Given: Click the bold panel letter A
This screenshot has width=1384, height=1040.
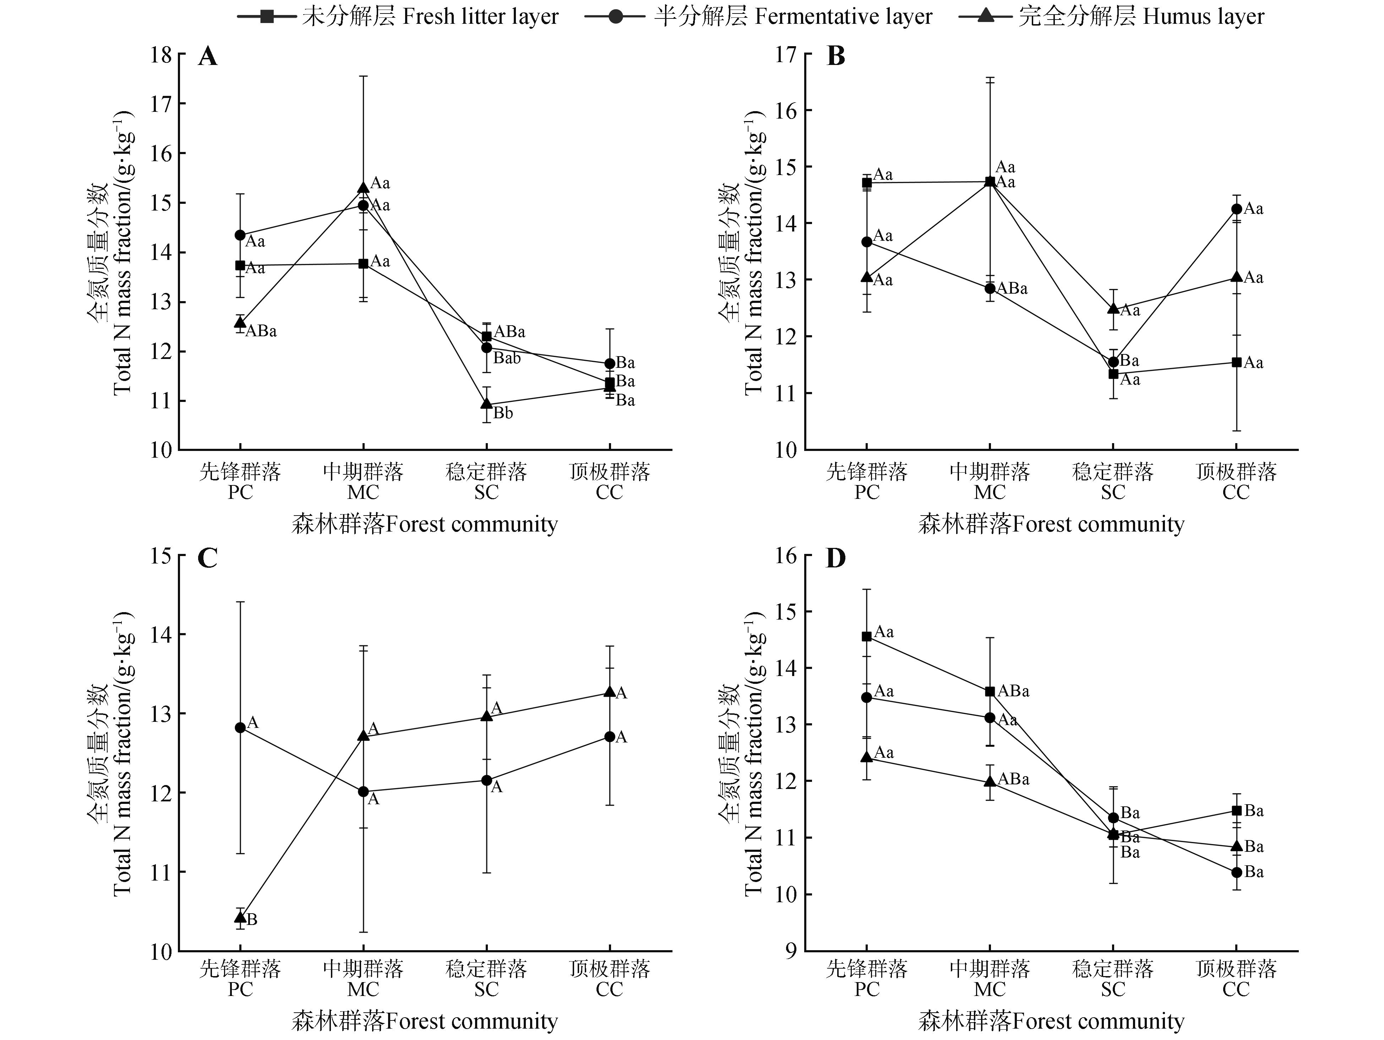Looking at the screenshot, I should (x=207, y=57).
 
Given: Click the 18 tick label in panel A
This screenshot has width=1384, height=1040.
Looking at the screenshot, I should (x=161, y=55).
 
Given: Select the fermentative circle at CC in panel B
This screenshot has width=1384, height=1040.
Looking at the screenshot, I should (x=1236, y=209).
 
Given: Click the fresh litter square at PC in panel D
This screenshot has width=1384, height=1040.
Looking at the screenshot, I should (x=867, y=636).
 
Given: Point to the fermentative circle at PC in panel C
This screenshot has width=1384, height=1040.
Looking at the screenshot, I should (x=240, y=728).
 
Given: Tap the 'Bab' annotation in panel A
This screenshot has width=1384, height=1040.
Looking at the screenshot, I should (x=507, y=359).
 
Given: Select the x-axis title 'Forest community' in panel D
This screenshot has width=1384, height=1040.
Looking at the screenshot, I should (x=1051, y=1021).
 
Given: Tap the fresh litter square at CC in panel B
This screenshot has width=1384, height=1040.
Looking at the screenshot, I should (x=1236, y=362).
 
